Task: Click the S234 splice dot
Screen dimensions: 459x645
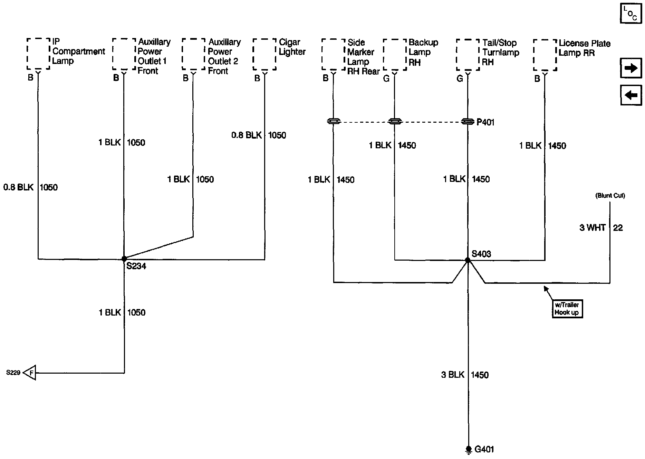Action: [x=124, y=259]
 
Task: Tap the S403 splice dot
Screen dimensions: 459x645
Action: [x=468, y=260]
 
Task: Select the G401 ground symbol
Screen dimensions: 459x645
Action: [x=469, y=449]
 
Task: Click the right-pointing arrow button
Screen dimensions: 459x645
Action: [x=631, y=68]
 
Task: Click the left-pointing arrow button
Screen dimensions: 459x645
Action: [x=631, y=95]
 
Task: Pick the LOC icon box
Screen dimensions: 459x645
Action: [x=630, y=13]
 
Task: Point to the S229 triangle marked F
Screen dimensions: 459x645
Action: [x=30, y=373]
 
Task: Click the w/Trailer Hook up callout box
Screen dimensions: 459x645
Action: [x=567, y=309]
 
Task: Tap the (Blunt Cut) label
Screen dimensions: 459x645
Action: [x=610, y=195]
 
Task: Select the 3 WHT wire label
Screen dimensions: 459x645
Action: [x=593, y=228]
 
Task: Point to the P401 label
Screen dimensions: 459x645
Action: [x=485, y=122]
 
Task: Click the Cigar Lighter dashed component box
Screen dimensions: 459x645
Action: [x=264, y=54]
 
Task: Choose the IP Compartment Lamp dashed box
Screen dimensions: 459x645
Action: [x=38, y=54]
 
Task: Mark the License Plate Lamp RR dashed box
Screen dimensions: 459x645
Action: [x=545, y=55]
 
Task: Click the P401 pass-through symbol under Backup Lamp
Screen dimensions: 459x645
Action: [x=395, y=121]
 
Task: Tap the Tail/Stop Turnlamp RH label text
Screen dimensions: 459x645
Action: [x=501, y=53]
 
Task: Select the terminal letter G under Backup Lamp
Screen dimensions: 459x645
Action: [x=386, y=79]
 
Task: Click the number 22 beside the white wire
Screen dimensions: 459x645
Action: [x=618, y=228]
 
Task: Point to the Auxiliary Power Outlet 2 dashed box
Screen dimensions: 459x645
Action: [x=193, y=54]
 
